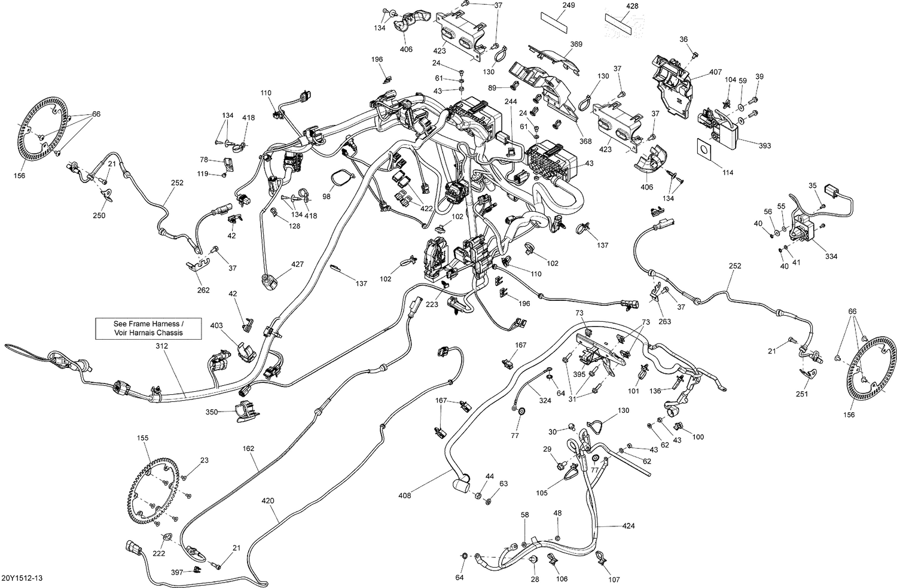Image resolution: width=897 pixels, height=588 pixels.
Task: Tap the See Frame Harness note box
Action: tap(148, 328)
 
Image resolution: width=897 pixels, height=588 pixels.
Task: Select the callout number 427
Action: tap(297, 264)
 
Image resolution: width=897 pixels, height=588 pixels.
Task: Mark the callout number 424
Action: tap(628, 526)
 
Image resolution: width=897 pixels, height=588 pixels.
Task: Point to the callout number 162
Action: tap(248, 448)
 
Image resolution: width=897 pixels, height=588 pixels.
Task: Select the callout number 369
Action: tap(559, 44)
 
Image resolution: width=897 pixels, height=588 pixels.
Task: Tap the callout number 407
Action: tap(715, 72)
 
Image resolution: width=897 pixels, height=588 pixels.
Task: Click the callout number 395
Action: tap(579, 373)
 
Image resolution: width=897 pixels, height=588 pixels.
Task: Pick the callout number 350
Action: tap(212, 412)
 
